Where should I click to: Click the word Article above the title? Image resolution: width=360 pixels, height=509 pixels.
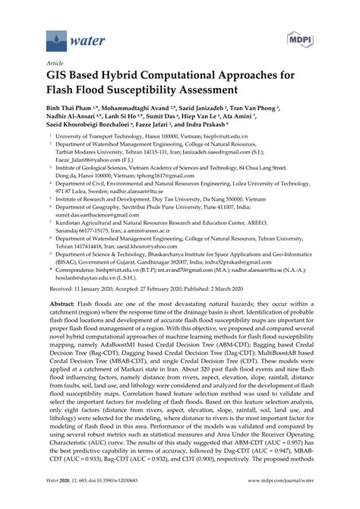tap(55, 64)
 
